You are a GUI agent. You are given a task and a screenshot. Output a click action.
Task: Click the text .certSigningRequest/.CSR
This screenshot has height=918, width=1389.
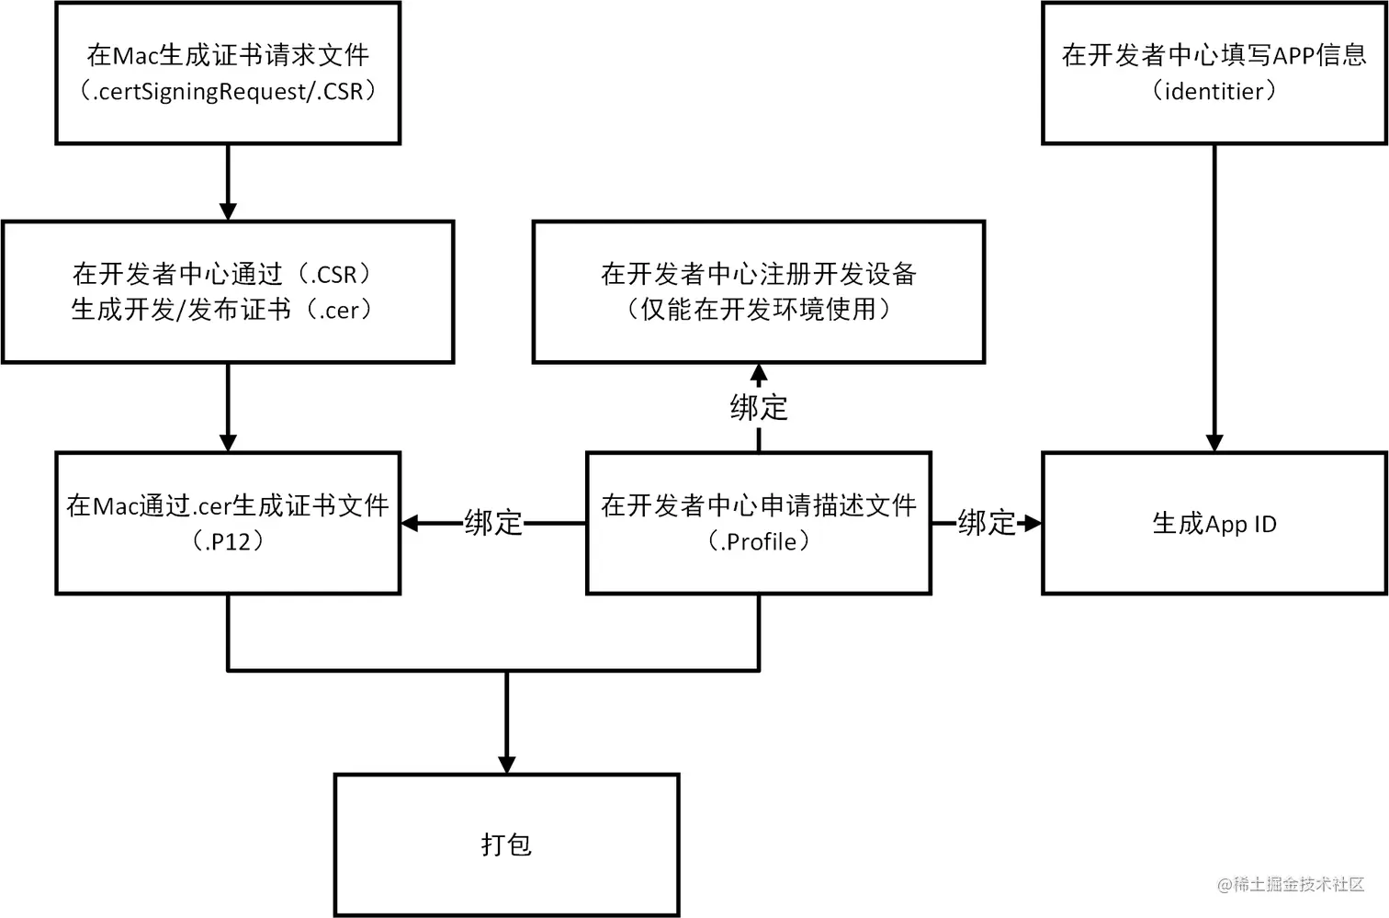pos(228,92)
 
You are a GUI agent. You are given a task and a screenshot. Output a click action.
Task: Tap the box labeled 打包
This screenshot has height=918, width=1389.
pos(506,844)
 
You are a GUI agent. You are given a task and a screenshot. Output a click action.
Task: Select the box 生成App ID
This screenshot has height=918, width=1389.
pos(1214,524)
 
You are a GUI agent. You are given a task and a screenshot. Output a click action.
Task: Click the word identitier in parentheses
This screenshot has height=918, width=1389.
pos(1214,92)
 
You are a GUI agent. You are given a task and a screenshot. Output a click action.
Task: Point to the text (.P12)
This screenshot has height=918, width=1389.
pos(228,542)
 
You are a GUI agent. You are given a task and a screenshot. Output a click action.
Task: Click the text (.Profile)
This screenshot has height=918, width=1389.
pos(759,542)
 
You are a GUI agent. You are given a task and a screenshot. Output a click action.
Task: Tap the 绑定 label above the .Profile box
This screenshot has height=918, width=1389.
pos(759,407)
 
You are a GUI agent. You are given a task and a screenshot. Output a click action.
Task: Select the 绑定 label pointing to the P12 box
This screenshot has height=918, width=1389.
pos(493,523)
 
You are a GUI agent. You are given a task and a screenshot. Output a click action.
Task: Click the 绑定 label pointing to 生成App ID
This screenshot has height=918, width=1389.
pos(987,523)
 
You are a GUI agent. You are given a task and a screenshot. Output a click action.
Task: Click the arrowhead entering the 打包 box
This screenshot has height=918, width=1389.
pos(506,765)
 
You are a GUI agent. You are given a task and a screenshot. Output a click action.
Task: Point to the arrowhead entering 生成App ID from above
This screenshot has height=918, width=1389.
pos(1214,443)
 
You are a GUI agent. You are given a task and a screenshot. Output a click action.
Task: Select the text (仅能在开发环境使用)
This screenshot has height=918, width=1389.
pos(759,310)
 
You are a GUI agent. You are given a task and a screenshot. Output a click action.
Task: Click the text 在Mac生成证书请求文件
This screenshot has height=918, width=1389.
pos(228,55)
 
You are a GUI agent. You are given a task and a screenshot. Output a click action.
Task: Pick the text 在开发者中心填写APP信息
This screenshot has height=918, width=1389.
pos(1214,55)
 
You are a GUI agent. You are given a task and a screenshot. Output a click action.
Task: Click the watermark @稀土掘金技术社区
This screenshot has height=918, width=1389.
pos(1291,884)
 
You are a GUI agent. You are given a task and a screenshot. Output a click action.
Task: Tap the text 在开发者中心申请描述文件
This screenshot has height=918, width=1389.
pos(759,505)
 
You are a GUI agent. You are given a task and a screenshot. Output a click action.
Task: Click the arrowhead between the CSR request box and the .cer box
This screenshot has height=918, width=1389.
pos(228,211)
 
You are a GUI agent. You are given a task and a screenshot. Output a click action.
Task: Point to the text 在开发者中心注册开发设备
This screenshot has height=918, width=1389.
pos(759,274)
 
